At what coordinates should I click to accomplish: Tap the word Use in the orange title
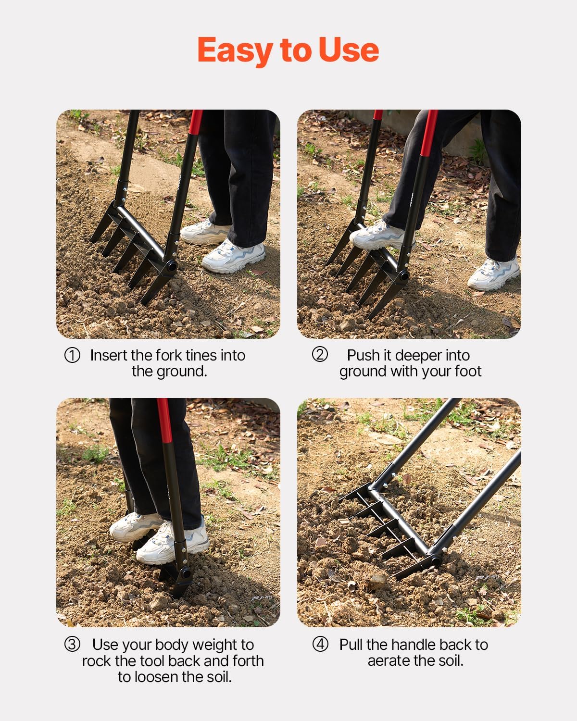(349, 50)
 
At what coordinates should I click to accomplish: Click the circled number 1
(72, 356)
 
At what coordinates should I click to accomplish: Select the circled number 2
(320, 355)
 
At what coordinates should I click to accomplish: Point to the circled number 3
(72, 645)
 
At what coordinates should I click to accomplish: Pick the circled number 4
(320, 644)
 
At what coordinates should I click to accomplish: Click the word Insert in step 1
(109, 355)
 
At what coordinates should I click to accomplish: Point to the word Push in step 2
(363, 355)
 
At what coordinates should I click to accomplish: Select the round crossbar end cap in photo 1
(170, 265)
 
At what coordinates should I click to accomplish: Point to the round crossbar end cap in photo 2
(402, 276)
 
